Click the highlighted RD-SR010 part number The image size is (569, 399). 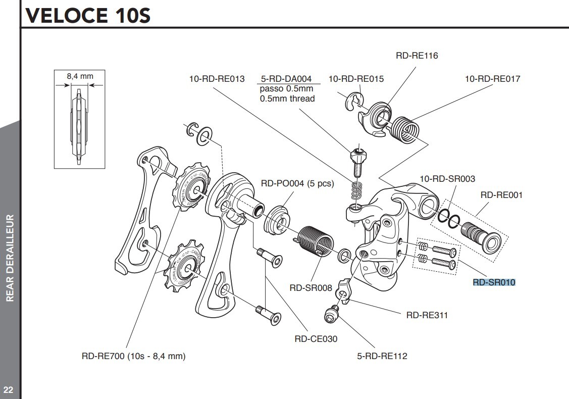(x=494, y=282)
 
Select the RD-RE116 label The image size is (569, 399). (x=417, y=56)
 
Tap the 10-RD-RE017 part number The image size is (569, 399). (x=492, y=79)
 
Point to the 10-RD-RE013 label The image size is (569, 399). (x=217, y=79)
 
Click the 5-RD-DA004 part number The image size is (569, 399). (x=287, y=79)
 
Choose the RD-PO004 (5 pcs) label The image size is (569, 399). (x=297, y=183)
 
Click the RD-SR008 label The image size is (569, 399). (x=311, y=288)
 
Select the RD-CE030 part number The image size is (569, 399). (x=316, y=339)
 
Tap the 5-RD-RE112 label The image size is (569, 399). (x=382, y=356)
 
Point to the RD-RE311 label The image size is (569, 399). (x=427, y=315)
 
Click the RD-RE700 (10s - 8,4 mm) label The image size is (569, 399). (x=134, y=356)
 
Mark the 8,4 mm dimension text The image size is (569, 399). (x=80, y=76)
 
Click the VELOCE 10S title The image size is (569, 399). (x=86, y=15)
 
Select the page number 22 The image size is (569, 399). (x=9, y=389)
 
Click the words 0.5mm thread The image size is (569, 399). (x=287, y=98)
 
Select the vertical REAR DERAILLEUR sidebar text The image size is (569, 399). (x=9, y=258)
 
